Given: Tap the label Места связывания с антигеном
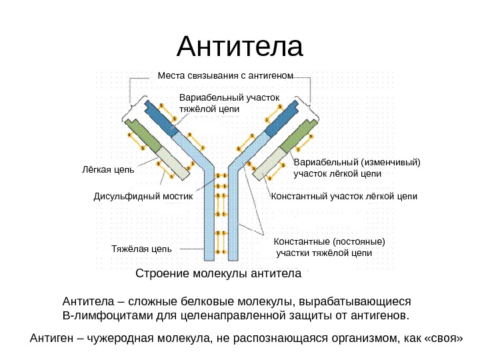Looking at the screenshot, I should pyautogui.click(x=225, y=75).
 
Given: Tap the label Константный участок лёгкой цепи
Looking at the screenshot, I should pyautogui.click(x=345, y=197).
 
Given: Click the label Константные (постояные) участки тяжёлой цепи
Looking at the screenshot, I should pyautogui.click(x=330, y=247).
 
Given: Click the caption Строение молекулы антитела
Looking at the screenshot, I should pyautogui.click(x=219, y=274).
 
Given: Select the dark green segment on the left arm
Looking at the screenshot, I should pyautogui.click(x=143, y=137).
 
